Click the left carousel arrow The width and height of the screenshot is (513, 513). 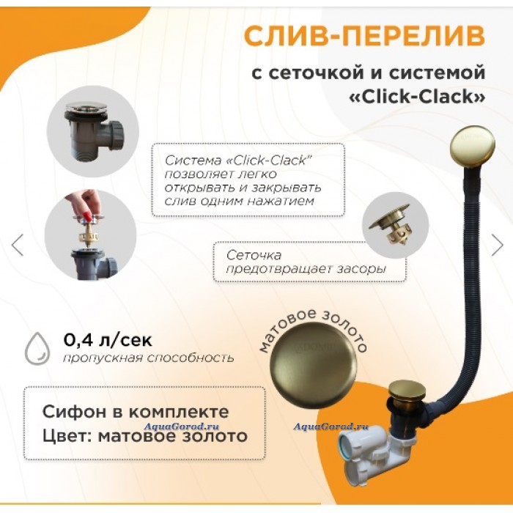click(x=18, y=245)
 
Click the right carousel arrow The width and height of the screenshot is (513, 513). click(x=497, y=245)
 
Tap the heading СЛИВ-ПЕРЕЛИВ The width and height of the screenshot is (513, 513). click(x=364, y=35)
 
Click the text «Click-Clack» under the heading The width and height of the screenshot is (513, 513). click(x=418, y=97)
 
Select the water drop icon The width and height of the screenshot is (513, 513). click(x=37, y=348)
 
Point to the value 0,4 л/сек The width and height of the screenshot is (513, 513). click(x=108, y=340)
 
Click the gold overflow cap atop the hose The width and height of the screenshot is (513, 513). click(x=472, y=144)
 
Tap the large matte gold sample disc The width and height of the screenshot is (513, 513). click(x=314, y=366)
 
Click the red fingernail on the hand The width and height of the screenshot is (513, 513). click(x=88, y=216)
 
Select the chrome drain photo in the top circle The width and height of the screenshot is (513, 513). click(x=93, y=131)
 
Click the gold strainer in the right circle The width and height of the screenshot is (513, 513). click(x=395, y=226)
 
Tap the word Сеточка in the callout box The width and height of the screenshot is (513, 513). click(x=254, y=255)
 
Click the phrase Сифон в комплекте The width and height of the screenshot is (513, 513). click(x=136, y=412)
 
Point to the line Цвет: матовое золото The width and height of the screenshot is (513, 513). click(x=145, y=436)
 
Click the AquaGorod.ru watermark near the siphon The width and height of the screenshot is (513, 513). click(x=331, y=427)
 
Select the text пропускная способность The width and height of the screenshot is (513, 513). click(x=149, y=358)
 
